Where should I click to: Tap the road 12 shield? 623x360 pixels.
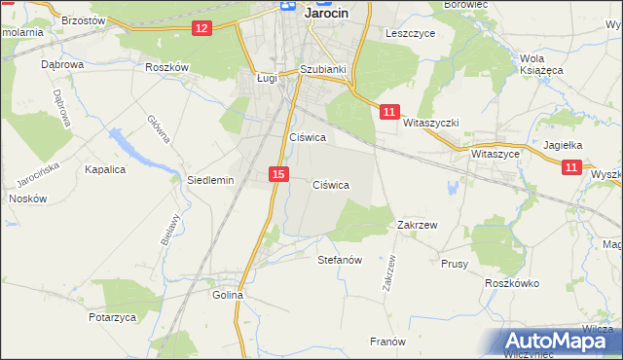tap(202, 28)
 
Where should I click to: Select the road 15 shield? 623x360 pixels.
tap(278, 174)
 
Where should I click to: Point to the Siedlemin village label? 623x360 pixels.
tap(210, 180)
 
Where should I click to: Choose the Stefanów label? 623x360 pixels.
tap(340, 260)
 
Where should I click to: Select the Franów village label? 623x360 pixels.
tap(386, 341)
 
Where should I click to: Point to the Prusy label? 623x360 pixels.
tap(455, 264)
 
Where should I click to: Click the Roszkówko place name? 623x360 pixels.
tap(512, 282)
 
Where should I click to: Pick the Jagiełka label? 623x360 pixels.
tap(562, 145)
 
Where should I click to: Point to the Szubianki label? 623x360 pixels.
tap(324, 70)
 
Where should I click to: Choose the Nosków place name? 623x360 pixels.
tap(27, 198)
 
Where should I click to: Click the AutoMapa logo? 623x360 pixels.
tap(562, 342)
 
